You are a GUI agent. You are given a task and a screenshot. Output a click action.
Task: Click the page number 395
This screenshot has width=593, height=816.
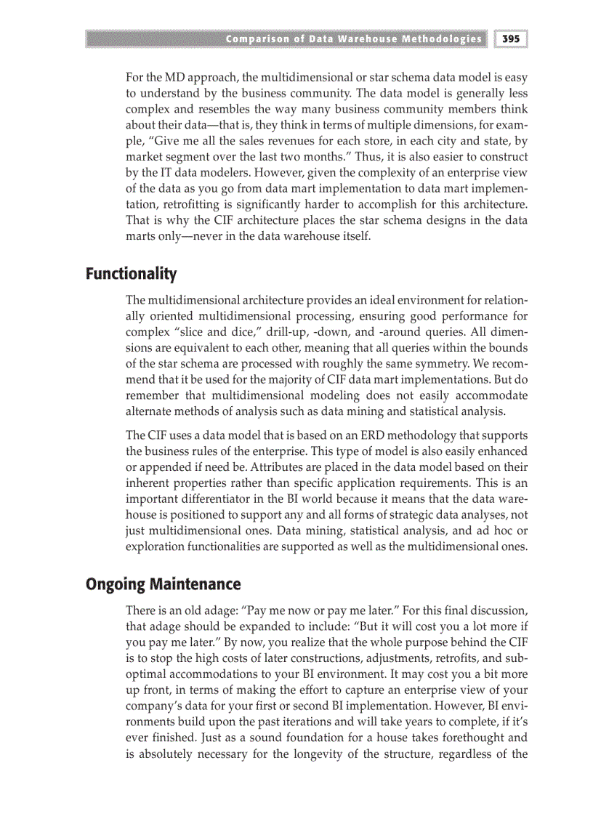coord(512,39)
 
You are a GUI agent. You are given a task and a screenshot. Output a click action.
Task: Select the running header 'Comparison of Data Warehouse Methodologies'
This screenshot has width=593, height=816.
coord(353,39)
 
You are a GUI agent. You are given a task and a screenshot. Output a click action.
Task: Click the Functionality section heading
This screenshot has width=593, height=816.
coord(131,274)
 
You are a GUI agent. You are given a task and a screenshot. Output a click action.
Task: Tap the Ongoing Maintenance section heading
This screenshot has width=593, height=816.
coord(163,584)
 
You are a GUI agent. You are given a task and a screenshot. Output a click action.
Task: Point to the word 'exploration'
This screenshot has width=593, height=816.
coord(158,546)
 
